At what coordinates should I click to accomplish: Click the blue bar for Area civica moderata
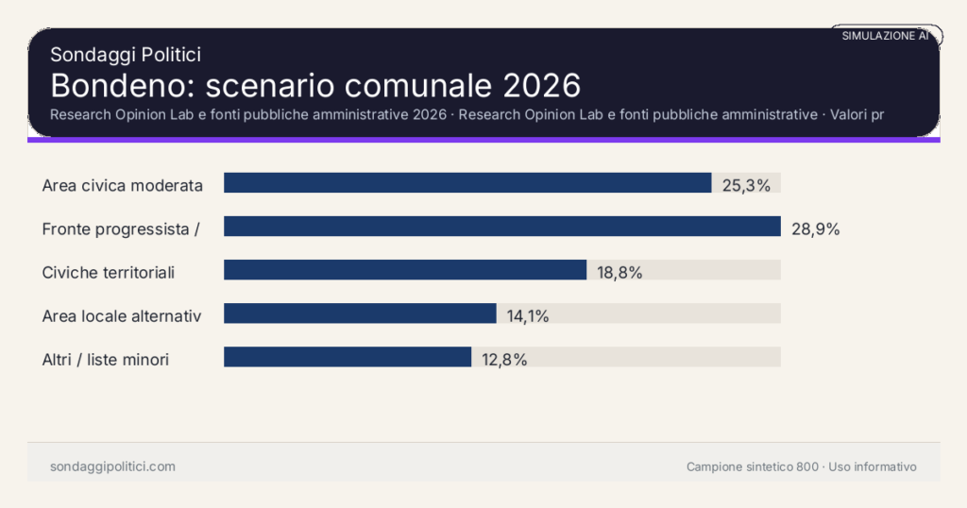(467, 183)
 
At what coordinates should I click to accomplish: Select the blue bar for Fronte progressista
(501, 227)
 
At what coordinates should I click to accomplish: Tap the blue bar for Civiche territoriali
(405, 270)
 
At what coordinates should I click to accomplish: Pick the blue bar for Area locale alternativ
(360, 313)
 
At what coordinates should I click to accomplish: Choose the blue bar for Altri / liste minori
(348, 357)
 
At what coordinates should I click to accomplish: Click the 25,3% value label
(746, 185)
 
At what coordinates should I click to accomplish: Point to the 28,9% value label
(815, 229)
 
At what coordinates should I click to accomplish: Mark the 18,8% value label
(619, 272)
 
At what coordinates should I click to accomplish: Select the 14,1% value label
(528, 315)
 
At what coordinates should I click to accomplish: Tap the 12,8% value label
(503, 359)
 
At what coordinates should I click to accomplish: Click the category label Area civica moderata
(123, 185)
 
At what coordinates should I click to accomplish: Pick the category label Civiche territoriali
(109, 272)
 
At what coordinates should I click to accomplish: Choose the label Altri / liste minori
(106, 359)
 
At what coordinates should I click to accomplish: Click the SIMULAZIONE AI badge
(886, 36)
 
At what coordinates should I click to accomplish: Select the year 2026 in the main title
(541, 85)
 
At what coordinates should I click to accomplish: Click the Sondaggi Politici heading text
(126, 55)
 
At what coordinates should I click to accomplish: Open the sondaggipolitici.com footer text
(112, 466)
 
